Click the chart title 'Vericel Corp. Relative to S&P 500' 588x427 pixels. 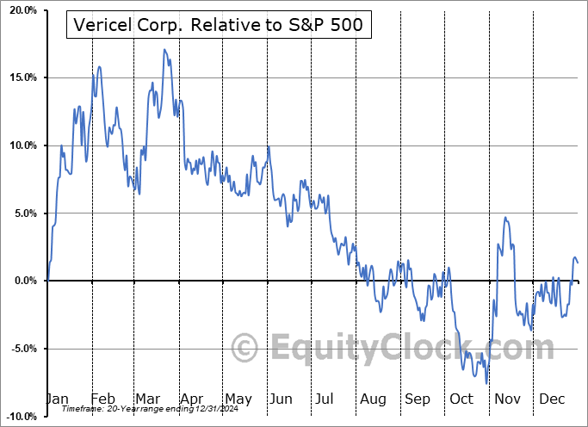pyautogui.click(x=220, y=27)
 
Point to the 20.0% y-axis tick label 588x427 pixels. pyautogui.click(x=20, y=10)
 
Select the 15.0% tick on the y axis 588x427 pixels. pyautogui.click(x=20, y=77)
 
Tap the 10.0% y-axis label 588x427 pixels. pyautogui.click(x=20, y=145)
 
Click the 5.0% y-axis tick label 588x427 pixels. pyautogui.click(x=22, y=213)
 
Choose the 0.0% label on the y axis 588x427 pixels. pyautogui.click(x=22, y=281)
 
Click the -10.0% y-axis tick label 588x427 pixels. pyautogui.click(x=18, y=416)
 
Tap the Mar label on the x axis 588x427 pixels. pyautogui.click(x=148, y=399)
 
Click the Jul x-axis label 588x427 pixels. pyautogui.click(x=325, y=399)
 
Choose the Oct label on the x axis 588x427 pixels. pyautogui.click(x=461, y=399)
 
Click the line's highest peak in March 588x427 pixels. pyautogui.click(x=164, y=50)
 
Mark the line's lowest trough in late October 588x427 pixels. pyautogui.click(x=486, y=383)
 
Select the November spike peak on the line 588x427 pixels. pyautogui.click(x=505, y=218)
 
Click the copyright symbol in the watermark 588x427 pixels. pyautogui.click(x=246, y=348)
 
